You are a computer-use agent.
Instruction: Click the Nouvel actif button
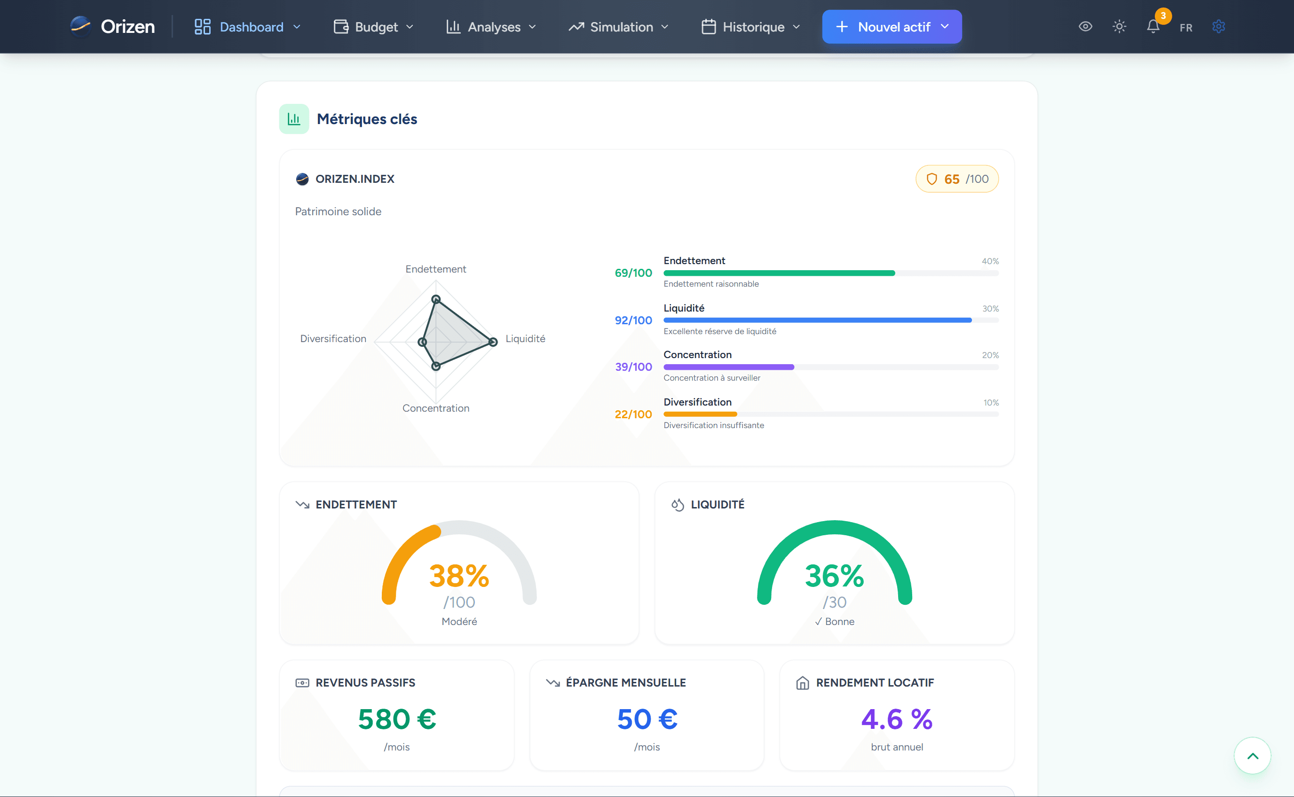[x=892, y=27]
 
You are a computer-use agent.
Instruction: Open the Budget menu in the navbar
[x=374, y=27]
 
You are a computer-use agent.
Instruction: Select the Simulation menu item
[x=618, y=27]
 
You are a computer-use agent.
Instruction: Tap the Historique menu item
[x=751, y=27]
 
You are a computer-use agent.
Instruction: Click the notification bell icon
[x=1153, y=26]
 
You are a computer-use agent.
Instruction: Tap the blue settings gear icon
[x=1218, y=26]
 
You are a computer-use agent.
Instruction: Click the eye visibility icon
[x=1085, y=26]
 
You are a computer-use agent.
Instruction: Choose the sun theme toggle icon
[x=1119, y=26]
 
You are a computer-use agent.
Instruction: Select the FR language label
[x=1186, y=27]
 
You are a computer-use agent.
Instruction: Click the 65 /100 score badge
[x=957, y=179]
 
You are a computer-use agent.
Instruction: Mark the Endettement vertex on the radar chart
[x=436, y=299]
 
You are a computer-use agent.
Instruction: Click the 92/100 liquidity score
[x=633, y=320]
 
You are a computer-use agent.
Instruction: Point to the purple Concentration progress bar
[x=729, y=367]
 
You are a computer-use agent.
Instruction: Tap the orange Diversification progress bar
[x=700, y=414]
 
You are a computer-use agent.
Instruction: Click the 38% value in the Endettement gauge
[x=459, y=576]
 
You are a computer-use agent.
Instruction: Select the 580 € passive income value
[x=397, y=719]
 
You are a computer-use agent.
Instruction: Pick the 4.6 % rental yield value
[x=897, y=719]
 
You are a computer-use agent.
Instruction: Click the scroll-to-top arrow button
[x=1252, y=755]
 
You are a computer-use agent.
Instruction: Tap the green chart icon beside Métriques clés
[x=294, y=119]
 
